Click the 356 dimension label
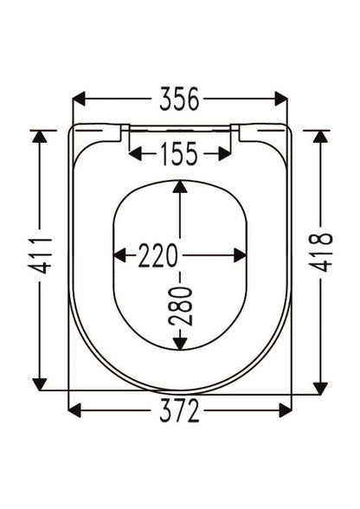[179, 99]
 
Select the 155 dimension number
[179, 153]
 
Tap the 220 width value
[158, 256]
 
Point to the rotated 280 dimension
[181, 306]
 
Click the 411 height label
[40, 256]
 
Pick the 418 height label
[320, 252]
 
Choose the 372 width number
[179, 410]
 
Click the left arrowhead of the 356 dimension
[79, 99]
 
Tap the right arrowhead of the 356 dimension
[280, 99]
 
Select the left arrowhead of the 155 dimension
[135, 153]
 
